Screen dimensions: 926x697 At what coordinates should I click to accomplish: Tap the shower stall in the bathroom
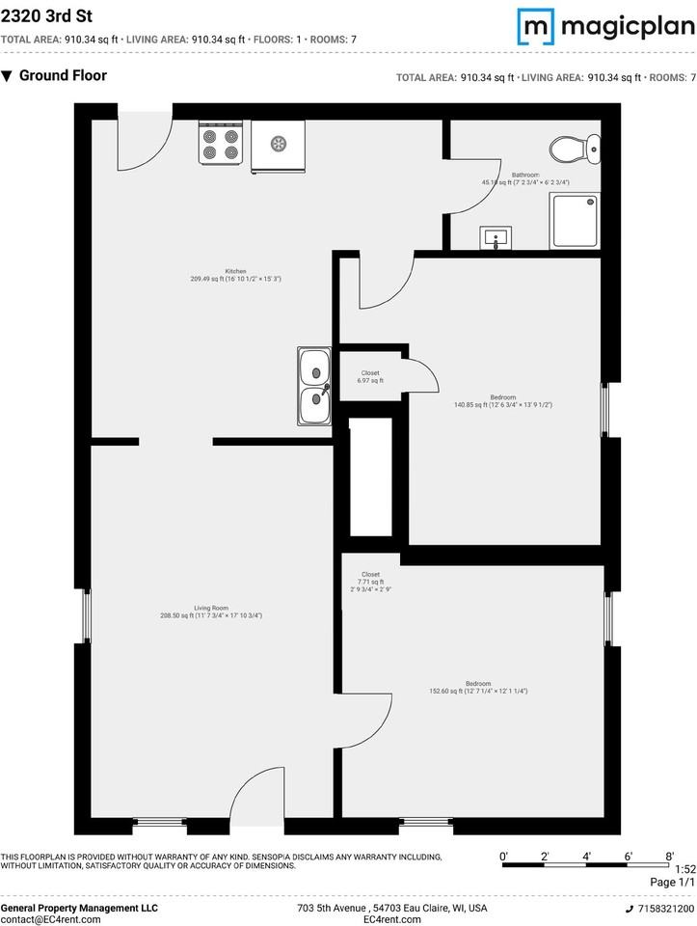click(574, 221)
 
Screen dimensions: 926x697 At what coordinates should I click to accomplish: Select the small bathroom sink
click(497, 237)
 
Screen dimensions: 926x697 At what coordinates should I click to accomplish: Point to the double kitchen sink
click(314, 387)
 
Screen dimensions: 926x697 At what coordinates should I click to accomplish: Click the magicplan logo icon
click(537, 26)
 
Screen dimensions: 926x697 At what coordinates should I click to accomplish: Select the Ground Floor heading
click(63, 75)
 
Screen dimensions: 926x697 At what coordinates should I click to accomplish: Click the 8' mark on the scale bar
click(669, 857)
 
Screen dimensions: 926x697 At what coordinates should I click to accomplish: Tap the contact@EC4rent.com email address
click(50, 920)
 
